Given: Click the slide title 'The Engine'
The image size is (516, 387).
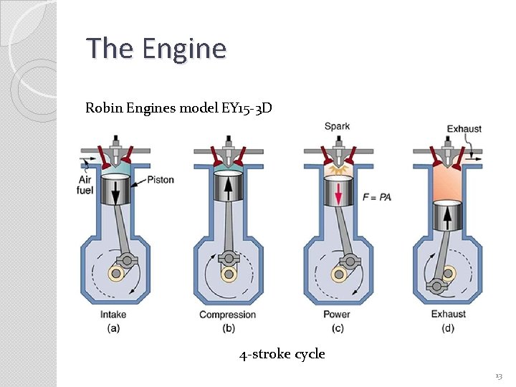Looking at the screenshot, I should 156,49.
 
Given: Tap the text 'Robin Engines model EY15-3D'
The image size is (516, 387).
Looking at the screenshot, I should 178,108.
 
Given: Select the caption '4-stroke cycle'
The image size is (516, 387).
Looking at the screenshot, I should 282,353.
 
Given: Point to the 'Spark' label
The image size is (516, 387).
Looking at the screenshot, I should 337,127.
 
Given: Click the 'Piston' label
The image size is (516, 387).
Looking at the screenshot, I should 160,179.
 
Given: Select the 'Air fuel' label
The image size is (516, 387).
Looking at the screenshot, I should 85,185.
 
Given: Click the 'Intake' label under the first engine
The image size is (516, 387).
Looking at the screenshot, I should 114,314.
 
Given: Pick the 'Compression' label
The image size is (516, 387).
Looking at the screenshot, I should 227,315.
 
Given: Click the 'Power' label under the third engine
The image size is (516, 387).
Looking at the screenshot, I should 337,314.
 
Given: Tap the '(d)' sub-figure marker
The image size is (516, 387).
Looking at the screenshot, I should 447,328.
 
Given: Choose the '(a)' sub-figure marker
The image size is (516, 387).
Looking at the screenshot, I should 114,328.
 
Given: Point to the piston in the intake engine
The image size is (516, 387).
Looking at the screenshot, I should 114,191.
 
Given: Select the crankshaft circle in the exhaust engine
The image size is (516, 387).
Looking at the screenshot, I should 448,272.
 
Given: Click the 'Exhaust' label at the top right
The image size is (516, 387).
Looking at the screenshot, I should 464,129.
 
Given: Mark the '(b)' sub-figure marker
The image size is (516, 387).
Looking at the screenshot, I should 227,328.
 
